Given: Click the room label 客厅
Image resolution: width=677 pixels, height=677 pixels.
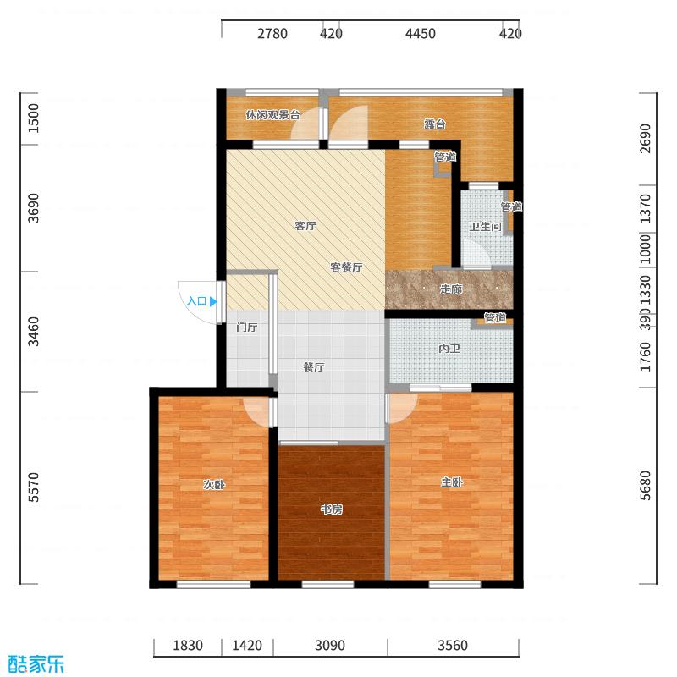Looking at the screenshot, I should coord(305,226).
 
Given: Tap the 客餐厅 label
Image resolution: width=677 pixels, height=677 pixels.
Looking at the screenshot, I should coord(346,267).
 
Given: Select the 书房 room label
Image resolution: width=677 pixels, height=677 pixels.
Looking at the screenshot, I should coord(331,509).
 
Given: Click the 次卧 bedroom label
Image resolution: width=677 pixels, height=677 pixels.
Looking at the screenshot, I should coord(213,485).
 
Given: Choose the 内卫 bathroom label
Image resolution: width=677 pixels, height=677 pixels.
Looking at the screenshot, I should coord(449,349).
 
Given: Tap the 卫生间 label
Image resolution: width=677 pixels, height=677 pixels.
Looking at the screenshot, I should coord(485,227).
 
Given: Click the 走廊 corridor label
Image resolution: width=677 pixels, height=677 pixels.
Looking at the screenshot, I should coord(451,289).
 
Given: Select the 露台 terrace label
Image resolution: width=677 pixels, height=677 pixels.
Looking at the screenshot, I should coord(435,124).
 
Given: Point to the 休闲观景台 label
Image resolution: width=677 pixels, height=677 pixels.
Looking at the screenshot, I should coord(272,115).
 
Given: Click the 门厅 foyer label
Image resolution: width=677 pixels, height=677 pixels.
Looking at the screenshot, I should coord(246,327).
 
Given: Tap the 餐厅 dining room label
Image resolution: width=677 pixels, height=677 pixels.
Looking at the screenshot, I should coord(314,367).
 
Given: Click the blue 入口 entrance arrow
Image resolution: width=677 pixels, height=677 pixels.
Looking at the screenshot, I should coord(212,300).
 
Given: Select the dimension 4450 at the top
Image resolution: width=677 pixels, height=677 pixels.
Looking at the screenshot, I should coord(421,34).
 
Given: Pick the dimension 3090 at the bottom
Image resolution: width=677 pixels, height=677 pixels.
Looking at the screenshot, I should coord(330,646).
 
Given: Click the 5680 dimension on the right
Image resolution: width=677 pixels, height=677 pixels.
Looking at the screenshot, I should coord(647,486).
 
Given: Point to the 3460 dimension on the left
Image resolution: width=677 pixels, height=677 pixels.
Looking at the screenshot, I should coord(34,332).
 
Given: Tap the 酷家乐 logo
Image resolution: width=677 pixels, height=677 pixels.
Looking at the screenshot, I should coord(36,663).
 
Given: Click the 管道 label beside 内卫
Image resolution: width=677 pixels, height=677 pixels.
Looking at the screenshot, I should coord(495,318).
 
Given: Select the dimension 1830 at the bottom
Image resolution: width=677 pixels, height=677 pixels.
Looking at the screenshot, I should coord(188,646).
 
